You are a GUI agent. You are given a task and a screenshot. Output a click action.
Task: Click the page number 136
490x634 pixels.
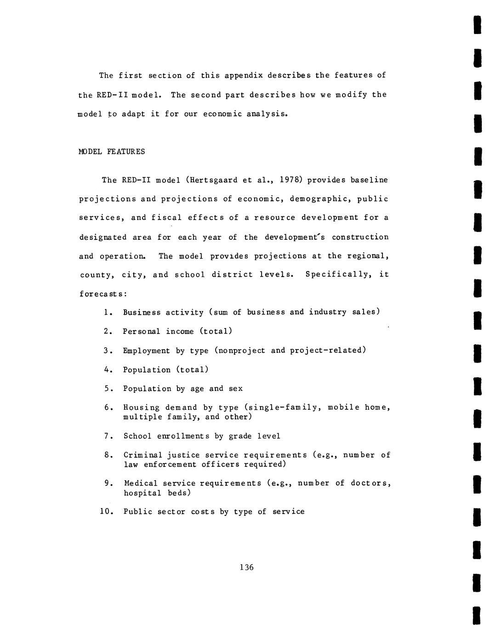coord(246,567)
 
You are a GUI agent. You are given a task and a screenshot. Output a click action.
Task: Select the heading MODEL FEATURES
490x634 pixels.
coord(112,152)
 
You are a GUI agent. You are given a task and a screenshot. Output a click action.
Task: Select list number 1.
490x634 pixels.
coord(108,312)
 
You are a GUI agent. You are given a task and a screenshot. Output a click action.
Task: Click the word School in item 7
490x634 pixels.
coord(137,436)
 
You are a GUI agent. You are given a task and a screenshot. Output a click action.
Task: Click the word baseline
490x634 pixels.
coord(369,180)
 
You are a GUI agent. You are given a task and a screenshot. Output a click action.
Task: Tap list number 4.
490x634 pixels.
coord(108,370)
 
